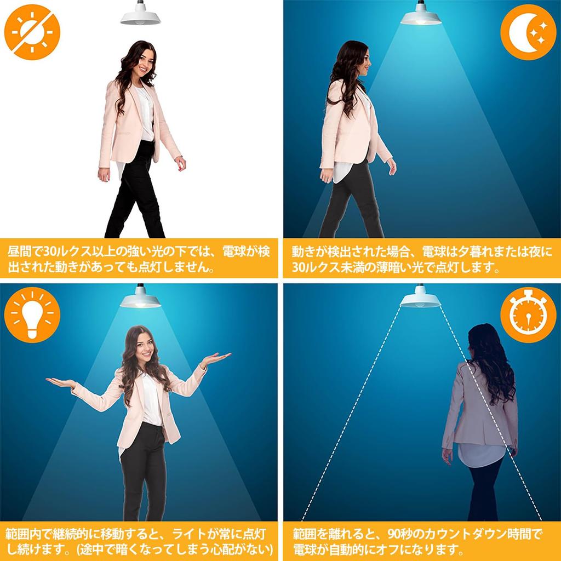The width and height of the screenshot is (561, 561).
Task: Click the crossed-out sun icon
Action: click(32, 32)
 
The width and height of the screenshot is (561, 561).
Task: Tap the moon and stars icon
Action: click(528, 32)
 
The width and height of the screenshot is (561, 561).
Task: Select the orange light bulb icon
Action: click(32, 315)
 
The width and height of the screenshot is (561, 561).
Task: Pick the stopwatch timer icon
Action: click(528, 315)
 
